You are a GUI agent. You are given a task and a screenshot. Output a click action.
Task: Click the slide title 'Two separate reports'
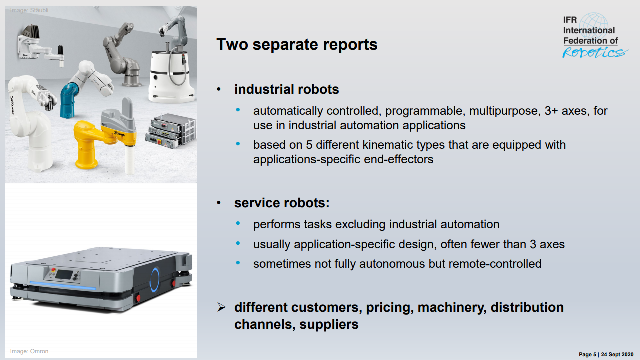click(x=297, y=45)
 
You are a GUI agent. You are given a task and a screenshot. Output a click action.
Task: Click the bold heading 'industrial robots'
click(x=286, y=89)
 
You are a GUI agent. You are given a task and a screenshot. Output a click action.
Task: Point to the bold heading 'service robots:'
click(x=282, y=203)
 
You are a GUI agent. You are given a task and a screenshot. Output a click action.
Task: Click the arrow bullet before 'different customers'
click(x=221, y=307)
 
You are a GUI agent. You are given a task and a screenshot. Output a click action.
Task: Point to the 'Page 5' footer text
click(x=588, y=354)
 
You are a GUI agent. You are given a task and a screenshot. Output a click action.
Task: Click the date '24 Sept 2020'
click(x=618, y=354)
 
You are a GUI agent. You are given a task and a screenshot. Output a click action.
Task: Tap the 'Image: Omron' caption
click(x=29, y=351)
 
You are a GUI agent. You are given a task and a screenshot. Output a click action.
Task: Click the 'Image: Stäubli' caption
click(x=29, y=10)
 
